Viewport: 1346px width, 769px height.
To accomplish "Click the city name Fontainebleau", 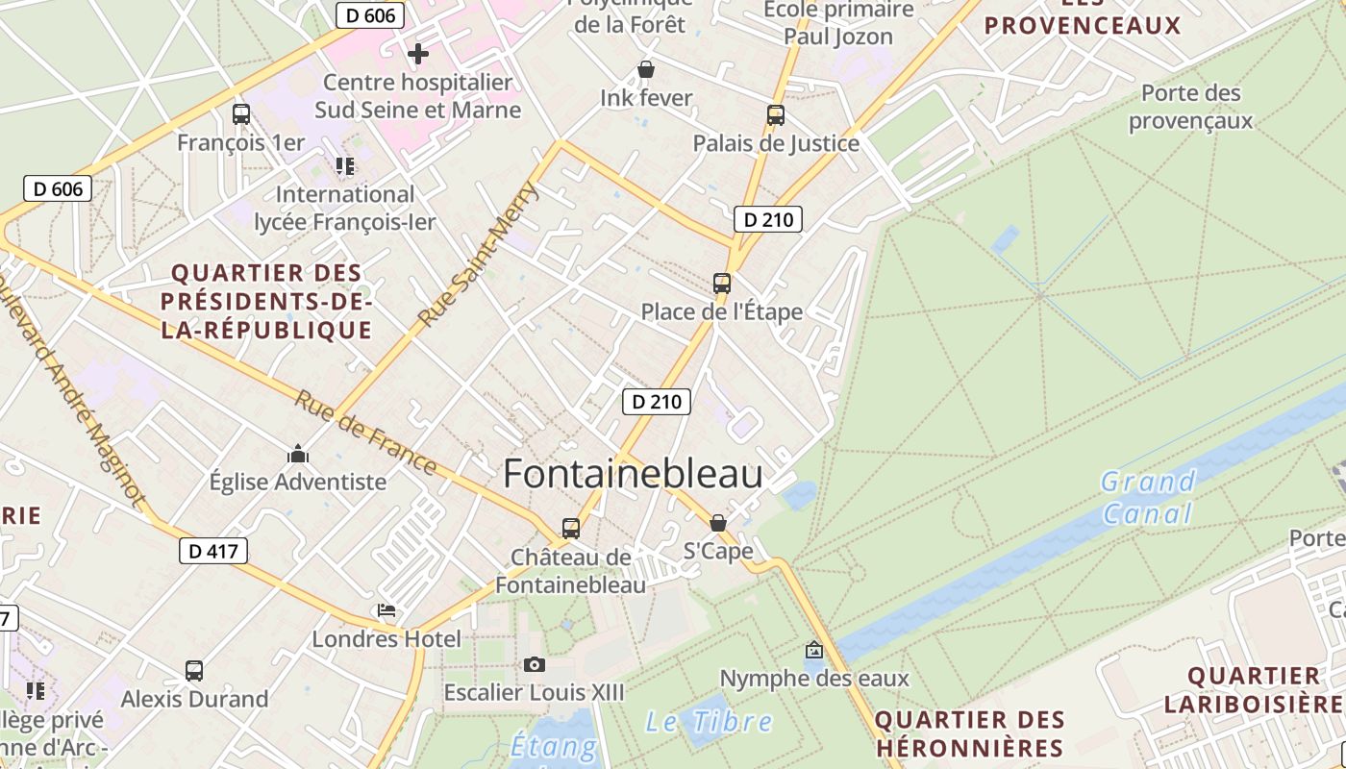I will (x=633, y=474).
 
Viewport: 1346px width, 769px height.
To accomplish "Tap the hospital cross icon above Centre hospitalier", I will (x=417, y=54).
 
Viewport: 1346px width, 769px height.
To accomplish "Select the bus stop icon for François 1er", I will (x=241, y=114).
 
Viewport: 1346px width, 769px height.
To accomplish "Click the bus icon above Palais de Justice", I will (x=776, y=115).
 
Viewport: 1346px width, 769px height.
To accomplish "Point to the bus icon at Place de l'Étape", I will (x=722, y=284).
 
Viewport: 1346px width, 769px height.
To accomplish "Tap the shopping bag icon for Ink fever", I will (x=646, y=70).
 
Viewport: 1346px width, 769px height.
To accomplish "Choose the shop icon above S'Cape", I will (x=718, y=523).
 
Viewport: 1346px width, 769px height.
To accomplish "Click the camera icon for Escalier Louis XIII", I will (x=535, y=664).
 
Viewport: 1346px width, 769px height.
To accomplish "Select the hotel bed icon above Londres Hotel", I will (x=386, y=610).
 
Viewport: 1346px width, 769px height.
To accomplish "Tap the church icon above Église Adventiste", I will (x=298, y=454).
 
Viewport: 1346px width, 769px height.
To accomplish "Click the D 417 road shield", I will (x=213, y=551).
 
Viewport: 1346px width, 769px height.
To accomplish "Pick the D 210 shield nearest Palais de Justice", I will (x=768, y=219).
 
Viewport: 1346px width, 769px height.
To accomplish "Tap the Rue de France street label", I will (x=365, y=432).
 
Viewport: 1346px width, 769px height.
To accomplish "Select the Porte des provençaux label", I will (x=1190, y=107).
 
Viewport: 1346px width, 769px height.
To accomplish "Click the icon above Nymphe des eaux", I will (x=814, y=651).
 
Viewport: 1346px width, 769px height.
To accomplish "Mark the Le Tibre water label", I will (x=709, y=722).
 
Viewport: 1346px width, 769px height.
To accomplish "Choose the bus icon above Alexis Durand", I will (x=194, y=670).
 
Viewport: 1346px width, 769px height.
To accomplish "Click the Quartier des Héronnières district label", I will (x=969, y=733).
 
